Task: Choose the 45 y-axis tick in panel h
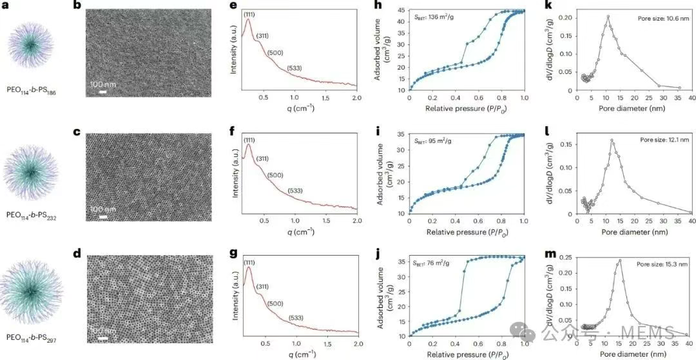point(400,10)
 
